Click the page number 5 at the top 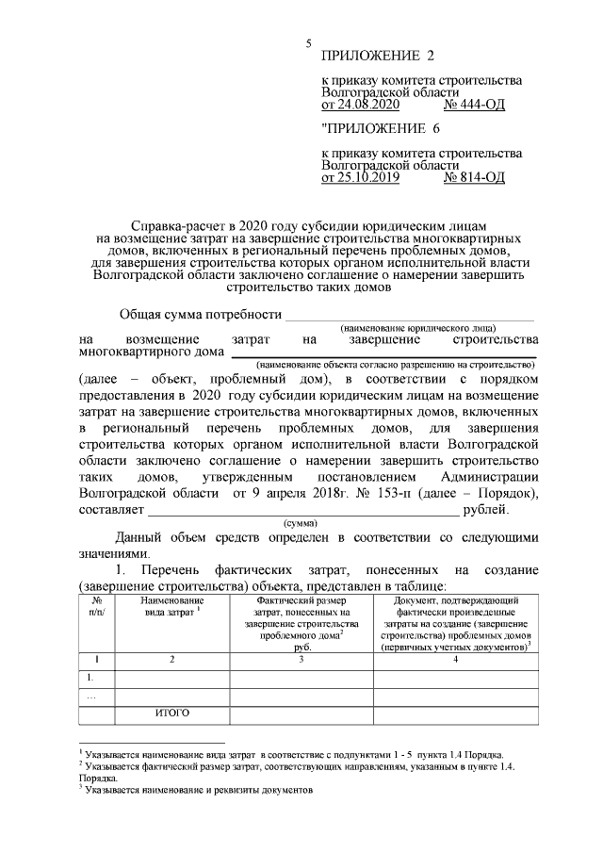point(308,43)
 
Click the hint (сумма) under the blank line point(300,523)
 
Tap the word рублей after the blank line point(486,510)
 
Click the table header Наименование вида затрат point(171,606)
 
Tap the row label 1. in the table point(91,677)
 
